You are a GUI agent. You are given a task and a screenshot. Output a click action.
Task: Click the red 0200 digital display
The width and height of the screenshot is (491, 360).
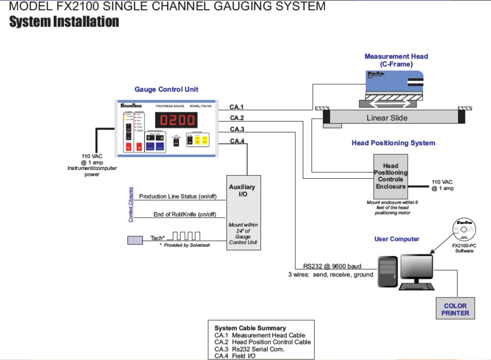coord(176,120)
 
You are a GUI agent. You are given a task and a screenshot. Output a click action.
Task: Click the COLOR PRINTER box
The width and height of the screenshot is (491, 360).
coord(455,309)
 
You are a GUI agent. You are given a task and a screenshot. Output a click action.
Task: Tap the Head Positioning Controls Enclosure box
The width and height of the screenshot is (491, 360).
coord(390,176)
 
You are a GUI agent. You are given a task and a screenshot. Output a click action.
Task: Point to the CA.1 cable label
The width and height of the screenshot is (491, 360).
coord(237,107)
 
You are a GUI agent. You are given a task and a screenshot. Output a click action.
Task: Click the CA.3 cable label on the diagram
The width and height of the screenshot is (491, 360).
coord(237,130)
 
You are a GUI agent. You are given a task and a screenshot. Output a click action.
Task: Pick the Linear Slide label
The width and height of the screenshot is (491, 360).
coord(387,118)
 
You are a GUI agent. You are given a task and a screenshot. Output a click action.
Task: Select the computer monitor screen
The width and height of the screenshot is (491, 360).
coord(416,268)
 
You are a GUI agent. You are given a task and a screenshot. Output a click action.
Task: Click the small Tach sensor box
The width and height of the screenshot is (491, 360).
coord(135,240)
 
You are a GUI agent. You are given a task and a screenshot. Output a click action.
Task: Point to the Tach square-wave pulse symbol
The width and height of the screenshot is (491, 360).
coord(186,235)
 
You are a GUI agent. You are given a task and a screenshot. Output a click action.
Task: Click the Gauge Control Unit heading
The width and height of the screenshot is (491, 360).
coord(166,90)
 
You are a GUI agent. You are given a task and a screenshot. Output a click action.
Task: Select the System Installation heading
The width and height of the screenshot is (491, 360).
coord(64,22)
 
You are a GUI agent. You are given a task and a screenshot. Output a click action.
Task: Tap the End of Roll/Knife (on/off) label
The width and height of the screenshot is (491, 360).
coord(185,214)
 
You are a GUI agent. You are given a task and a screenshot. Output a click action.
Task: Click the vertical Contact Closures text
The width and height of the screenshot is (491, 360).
coord(131,204)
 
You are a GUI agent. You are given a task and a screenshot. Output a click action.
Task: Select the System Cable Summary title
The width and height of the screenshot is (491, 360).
coord(250,328)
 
